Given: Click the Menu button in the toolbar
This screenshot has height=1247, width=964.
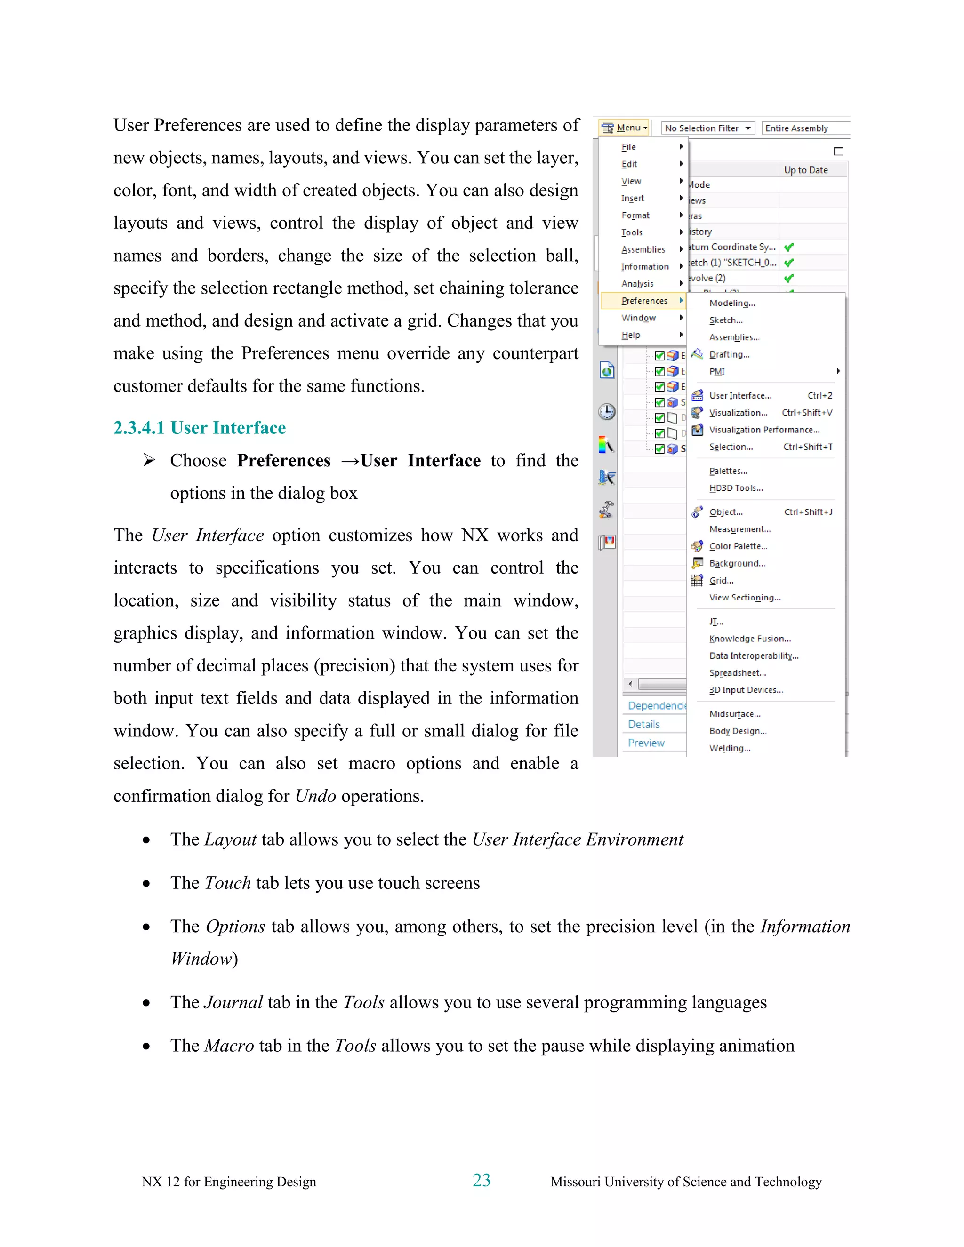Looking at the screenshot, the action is click(x=624, y=128).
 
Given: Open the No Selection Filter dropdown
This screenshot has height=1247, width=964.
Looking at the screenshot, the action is click(x=707, y=128).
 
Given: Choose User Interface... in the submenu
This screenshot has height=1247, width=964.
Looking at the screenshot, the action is click(x=739, y=396).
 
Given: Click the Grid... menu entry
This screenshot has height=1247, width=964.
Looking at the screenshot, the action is click(x=721, y=581).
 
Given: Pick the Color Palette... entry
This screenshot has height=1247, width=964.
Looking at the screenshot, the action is click(x=738, y=546).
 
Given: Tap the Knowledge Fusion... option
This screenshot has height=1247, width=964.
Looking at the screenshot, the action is click(x=750, y=639).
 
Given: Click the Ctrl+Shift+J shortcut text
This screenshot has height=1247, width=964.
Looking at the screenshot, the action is click(x=808, y=512).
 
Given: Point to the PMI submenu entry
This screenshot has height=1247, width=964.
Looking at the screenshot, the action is click(x=717, y=372).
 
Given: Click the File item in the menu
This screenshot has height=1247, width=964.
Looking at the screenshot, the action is click(x=628, y=147).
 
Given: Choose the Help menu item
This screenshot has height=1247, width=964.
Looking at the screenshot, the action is click(x=630, y=335).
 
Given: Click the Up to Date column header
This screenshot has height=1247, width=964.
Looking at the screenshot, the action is click(x=805, y=170).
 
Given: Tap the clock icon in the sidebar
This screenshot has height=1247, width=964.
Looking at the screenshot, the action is click(x=606, y=412).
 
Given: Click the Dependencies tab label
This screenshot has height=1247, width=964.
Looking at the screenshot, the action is click(x=656, y=706).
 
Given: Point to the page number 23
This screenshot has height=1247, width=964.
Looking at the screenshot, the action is click(x=482, y=1180).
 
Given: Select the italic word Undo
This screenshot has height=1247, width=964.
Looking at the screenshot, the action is click(x=315, y=796).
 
